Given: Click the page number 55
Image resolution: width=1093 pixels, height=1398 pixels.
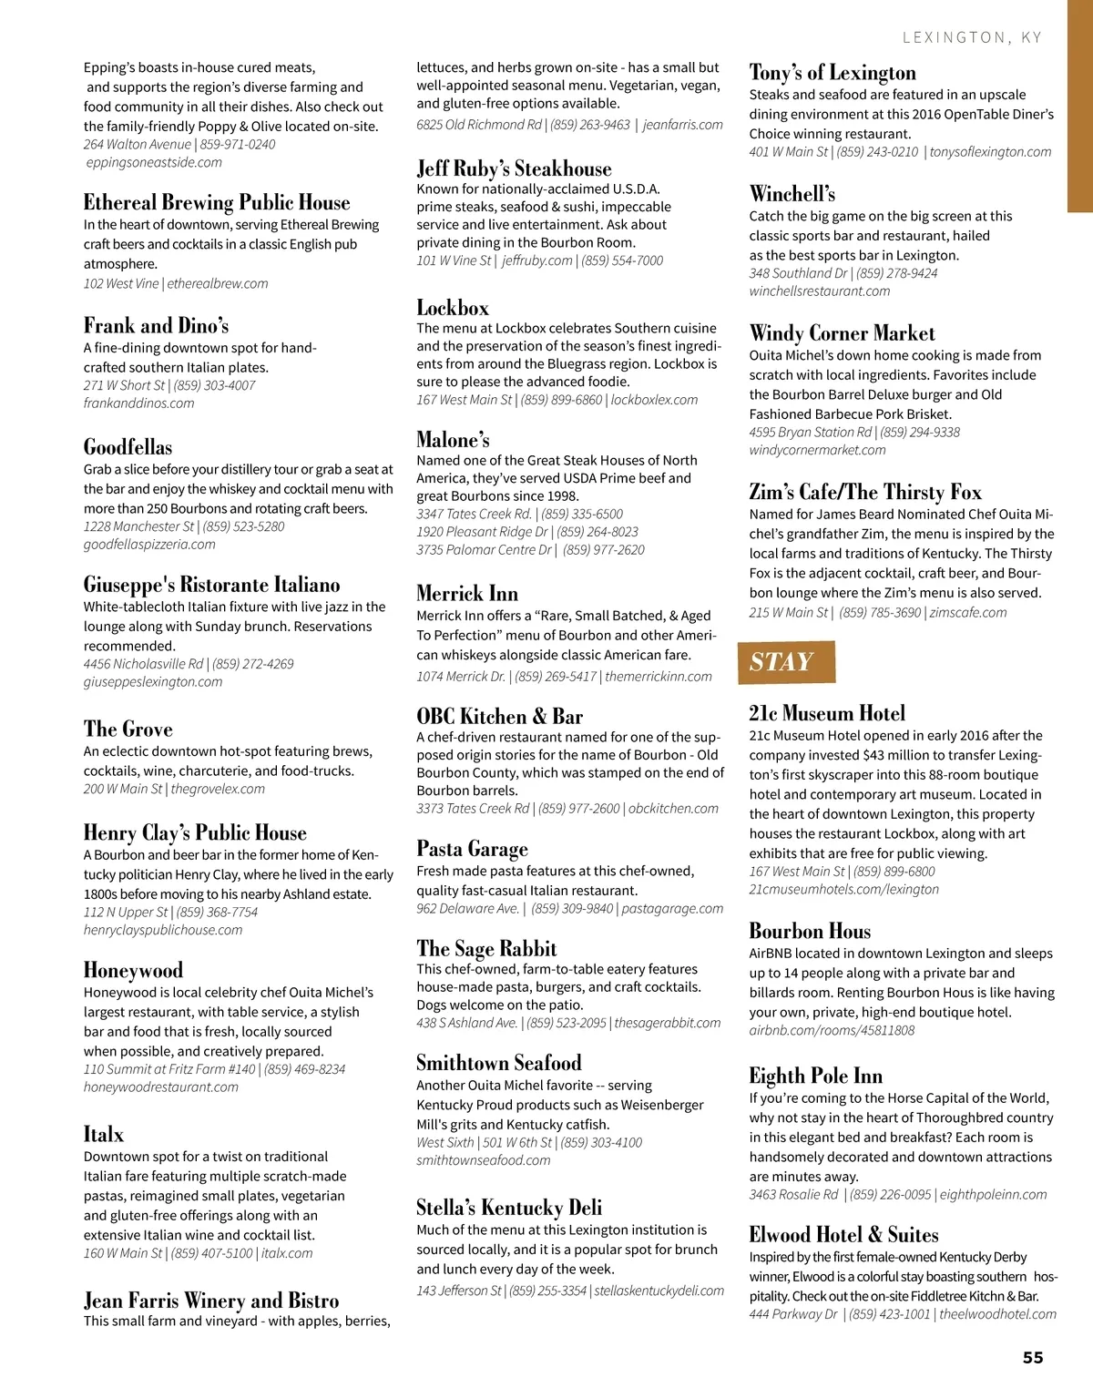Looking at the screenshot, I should pyautogui.click(x=1032, y=1357).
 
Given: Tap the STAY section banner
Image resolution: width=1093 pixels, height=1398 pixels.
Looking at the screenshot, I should pyautogui.click(x=785, y=662).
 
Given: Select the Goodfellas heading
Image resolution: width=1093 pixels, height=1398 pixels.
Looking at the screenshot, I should pyautogui.click(x=128, y=447).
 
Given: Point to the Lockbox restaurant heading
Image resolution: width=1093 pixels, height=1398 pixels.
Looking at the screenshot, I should pyautogui.click(x=453, y=308).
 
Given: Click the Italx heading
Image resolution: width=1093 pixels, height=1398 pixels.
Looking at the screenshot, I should pyautogui.click(x=104, y=1134).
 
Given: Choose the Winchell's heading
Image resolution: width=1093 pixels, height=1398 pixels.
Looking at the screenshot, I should pyautogui.click(x=792, y=194).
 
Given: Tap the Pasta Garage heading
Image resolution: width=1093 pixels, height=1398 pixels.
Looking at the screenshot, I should pyautogui.click(x=472, y=849).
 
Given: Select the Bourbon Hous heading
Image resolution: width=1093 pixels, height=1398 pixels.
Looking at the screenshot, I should pyautogui.click(x=810, y=931).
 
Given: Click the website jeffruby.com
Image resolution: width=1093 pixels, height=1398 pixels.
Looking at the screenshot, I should pyautogui.click(x=537, y=260).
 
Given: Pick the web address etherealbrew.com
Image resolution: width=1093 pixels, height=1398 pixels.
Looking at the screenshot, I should pyautogui.click(x=218, y=283).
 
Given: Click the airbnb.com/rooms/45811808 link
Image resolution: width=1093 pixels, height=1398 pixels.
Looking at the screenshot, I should pyautogui.click(x=832, y=1030).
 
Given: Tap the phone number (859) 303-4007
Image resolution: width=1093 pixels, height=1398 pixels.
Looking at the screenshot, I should pyautogui.click(x=214, y=385).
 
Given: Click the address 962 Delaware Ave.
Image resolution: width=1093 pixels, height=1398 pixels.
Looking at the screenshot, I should pyautogui.click(x=468, y=908).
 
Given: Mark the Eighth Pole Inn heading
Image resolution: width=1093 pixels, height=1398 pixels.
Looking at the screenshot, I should pyautogui.click(x=815, y=1076).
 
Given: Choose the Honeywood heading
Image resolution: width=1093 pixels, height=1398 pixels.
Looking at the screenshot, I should pyautogui.click(x=133, y=970).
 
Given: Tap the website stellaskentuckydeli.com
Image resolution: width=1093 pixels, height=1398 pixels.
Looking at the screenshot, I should pyautogui.click(x=659, y=1291).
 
